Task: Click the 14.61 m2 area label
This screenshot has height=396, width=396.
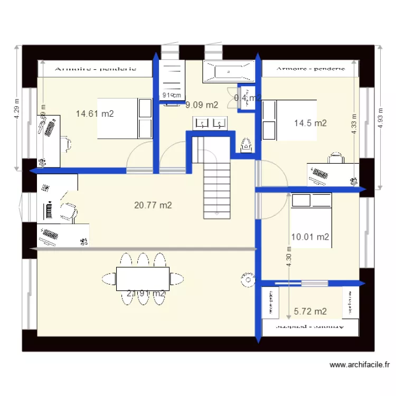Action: pyautogui.click(x=95, y=113)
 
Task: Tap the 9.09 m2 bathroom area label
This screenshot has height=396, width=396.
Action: pyautogui.click(x=201, y=105)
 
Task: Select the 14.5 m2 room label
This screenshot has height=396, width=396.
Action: pyautogui.click(x=310, y=123)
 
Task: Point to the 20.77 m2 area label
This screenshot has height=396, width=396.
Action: pyautogui.click(x=153, y=205)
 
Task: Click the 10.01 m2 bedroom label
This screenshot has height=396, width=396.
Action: pyautogui.click(x=310, y=237)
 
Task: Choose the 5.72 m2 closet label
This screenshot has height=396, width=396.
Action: pyautogui.click(x=310, y=312)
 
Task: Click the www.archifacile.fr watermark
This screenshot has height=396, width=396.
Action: pyautogui.click(x=360, y=364)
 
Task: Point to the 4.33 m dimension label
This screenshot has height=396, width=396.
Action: pyautogui.click(x=354, y=125)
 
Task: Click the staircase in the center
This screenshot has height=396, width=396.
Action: pyautogui.click(x=218, y=182)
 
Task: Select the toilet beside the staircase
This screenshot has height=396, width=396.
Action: pyautogui.click(x=244, y=144)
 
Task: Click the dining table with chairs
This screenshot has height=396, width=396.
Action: pyautogui.click(x=143, y=278)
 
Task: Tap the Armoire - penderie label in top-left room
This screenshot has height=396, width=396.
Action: pyautogui.click(x=96, y=68)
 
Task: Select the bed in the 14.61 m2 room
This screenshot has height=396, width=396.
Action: pyautogui.click(x=125, y=118)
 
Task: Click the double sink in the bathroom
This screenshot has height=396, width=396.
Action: pyautogui.click(x=210, y=124)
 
